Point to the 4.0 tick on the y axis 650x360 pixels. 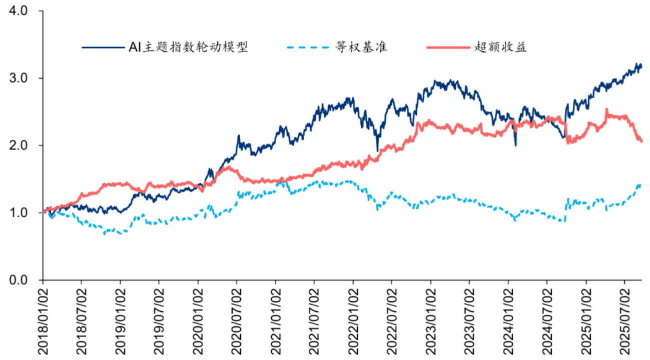(x=23, y=11)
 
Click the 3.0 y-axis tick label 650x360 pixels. (x=23, y=78)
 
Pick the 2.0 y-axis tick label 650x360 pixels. (x=23, y=145)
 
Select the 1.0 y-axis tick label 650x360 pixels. (x=23, y=213)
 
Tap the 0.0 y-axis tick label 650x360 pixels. (x=23, y=280)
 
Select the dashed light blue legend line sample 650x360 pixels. (x=308, y=48)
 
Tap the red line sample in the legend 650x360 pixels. (x=447, y=48)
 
